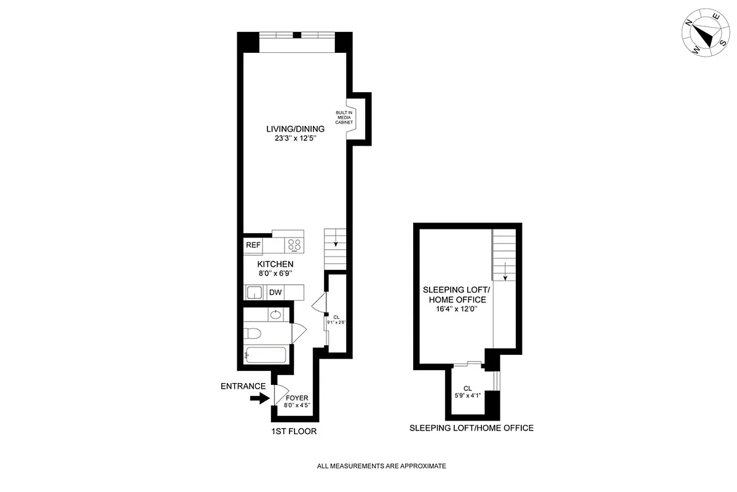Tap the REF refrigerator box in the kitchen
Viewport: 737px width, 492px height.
253,245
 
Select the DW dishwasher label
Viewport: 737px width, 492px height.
275,292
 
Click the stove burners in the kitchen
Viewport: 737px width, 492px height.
294,245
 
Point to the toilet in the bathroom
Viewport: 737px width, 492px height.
253,333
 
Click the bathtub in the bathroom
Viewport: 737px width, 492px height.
265,355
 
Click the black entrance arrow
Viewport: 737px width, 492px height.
260,399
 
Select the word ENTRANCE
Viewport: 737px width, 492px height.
243,386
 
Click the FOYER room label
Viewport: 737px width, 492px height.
297,398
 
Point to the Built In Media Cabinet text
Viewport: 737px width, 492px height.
344,118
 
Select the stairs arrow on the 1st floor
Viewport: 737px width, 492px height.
336,244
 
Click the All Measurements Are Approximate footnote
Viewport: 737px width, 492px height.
381,466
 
